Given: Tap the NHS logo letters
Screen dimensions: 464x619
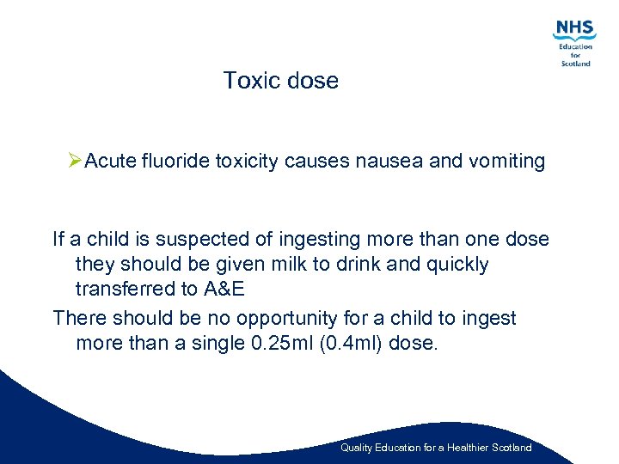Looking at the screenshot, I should click(x=574, y=28).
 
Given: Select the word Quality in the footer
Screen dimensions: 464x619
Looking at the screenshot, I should click(x=356, y=448).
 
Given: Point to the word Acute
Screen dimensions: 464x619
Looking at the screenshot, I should click(x=110, y=162).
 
